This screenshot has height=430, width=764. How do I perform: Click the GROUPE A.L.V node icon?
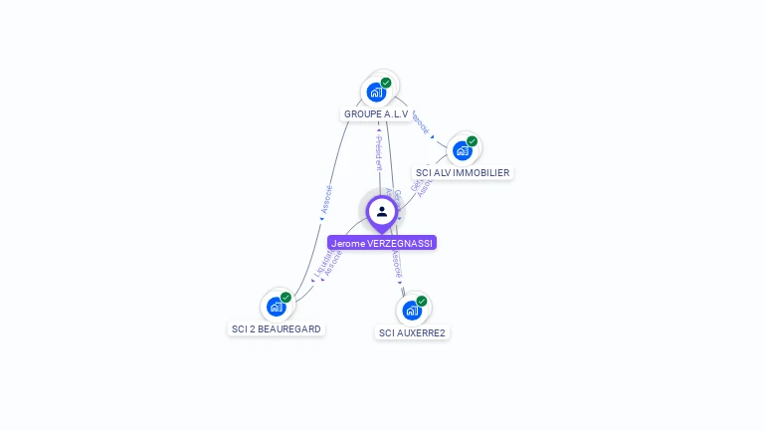coord(376,93)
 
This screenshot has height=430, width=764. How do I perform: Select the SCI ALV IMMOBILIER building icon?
coord(462,150)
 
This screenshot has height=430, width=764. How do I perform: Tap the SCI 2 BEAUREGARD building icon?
coord(277,307)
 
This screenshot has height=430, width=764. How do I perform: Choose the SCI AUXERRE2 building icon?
coord(412,310)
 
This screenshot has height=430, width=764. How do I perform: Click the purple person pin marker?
coord(381,212)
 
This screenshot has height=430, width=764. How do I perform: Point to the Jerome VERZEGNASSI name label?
coord(382,243)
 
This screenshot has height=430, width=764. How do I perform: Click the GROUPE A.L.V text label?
coord(376,114)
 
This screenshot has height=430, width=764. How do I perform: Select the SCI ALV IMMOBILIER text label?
coord(463,173)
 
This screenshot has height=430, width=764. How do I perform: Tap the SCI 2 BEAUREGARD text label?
coord(277,329)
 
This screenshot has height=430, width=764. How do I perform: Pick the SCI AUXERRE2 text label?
coord(412,332)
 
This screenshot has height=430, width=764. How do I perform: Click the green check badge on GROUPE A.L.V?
coord(386,83)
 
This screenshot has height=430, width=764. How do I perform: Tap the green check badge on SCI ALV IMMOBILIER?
coord(472,141)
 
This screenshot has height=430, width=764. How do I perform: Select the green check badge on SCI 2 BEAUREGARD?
coord(286,297)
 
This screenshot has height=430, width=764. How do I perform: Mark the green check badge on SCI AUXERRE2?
coord(422,301)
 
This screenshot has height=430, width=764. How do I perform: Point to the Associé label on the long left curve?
coord(326,199)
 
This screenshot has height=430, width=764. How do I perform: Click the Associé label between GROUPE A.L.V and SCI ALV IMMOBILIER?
coord(420,121)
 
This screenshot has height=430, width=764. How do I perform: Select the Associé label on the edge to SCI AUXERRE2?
coord(396,264)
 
